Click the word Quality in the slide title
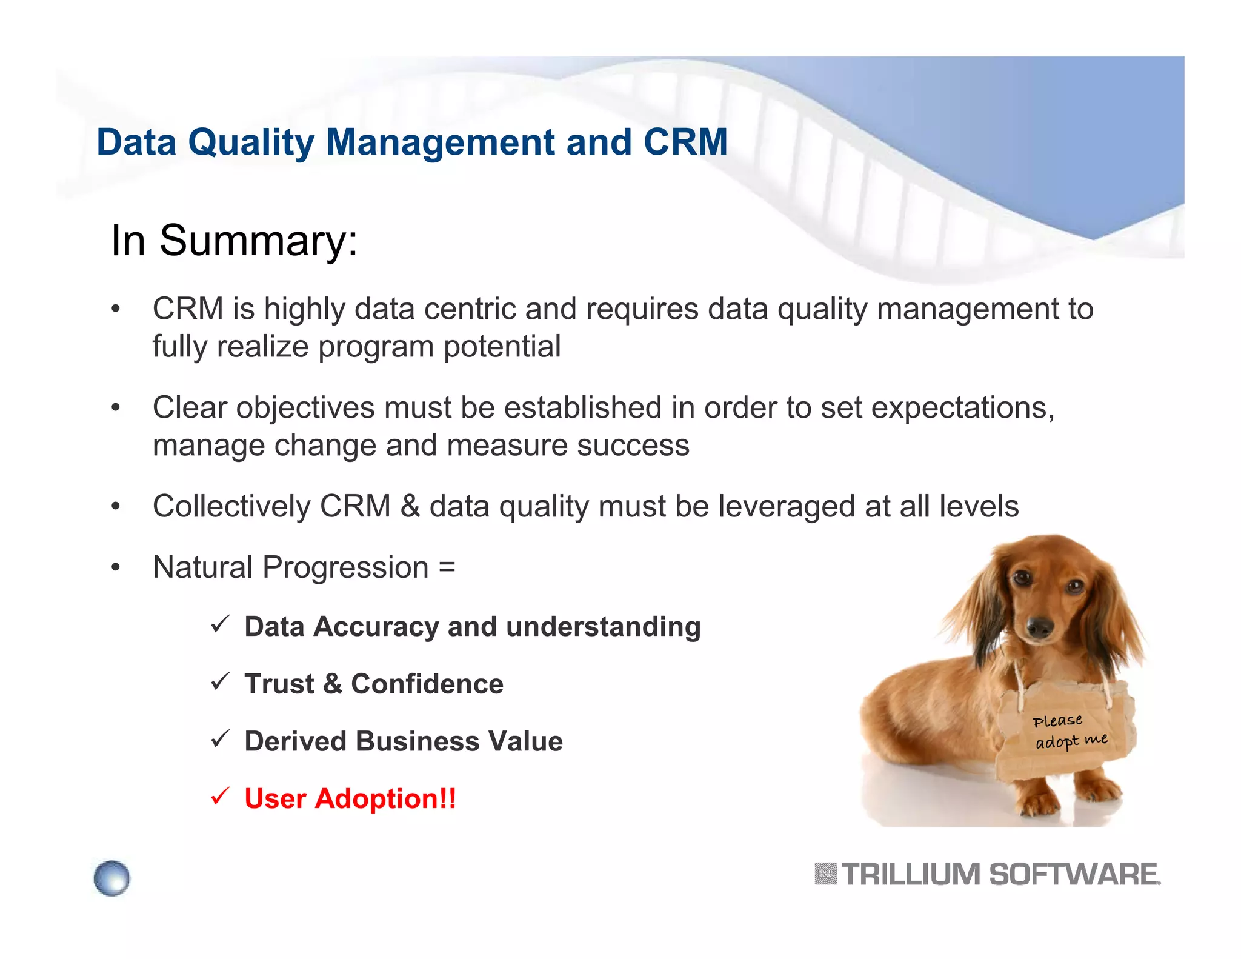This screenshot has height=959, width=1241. (x=251, y=142)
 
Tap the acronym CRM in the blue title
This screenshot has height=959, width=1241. (x=685, y=142)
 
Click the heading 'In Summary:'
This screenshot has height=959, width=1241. (x=234, y=241)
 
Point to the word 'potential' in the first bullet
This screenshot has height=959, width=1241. (x=502, y=347)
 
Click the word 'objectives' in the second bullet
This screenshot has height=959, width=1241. (x=305, y=408)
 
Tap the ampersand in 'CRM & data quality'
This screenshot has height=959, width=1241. (x=410, y=506)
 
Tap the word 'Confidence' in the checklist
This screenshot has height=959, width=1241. (x=427, y=684)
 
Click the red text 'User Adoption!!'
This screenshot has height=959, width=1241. (x=350, y=798)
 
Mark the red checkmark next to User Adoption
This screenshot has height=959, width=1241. (x=220, y=796)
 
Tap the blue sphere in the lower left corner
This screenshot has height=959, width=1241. (x=112, y=878)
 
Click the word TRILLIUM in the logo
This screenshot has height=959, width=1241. (x=911, y=875)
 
